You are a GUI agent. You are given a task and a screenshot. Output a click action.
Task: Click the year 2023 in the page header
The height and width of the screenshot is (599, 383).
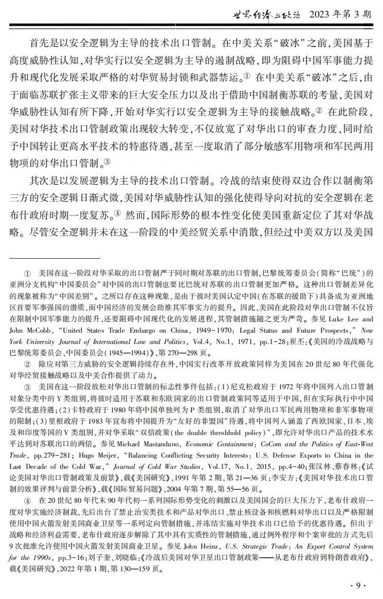[x=321, y=14]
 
